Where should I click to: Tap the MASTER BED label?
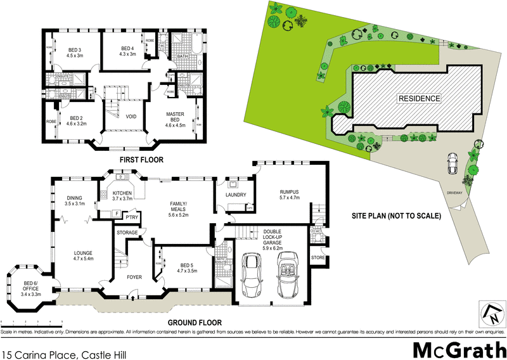click(175, 117)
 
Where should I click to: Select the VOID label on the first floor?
click(131, 116)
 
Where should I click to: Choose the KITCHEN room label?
click(121, 195)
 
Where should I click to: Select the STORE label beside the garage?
click(318, 257)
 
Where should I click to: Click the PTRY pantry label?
click(132, 218)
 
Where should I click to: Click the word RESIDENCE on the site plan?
click(419, 98)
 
